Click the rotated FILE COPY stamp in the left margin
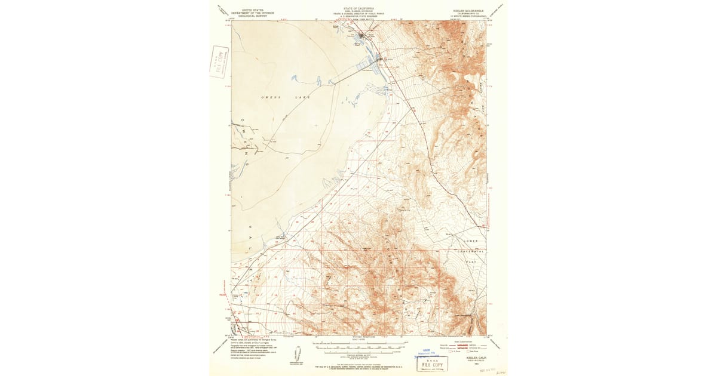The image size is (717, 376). pyautogui.click(x=219, y=61)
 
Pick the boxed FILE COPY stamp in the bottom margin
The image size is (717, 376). pyautogui.click(x=432, y=363)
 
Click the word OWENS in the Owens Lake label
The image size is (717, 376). pyautogui.click(x=271, y=96)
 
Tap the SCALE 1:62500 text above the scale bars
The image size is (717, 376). pyautogui.click(x=358, y=340)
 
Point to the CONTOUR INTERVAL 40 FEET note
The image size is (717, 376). pyautogui.click(x=358, y=354)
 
